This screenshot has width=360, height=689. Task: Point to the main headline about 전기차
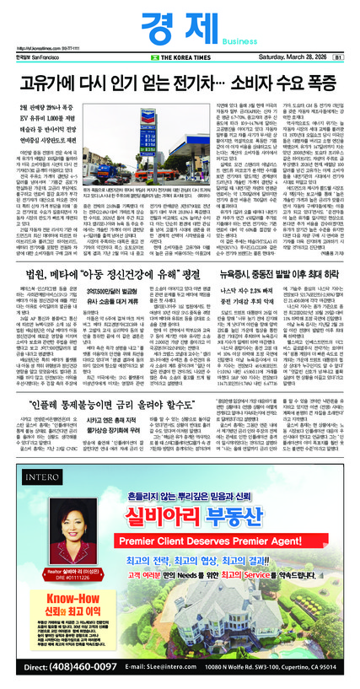pos(180,83)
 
